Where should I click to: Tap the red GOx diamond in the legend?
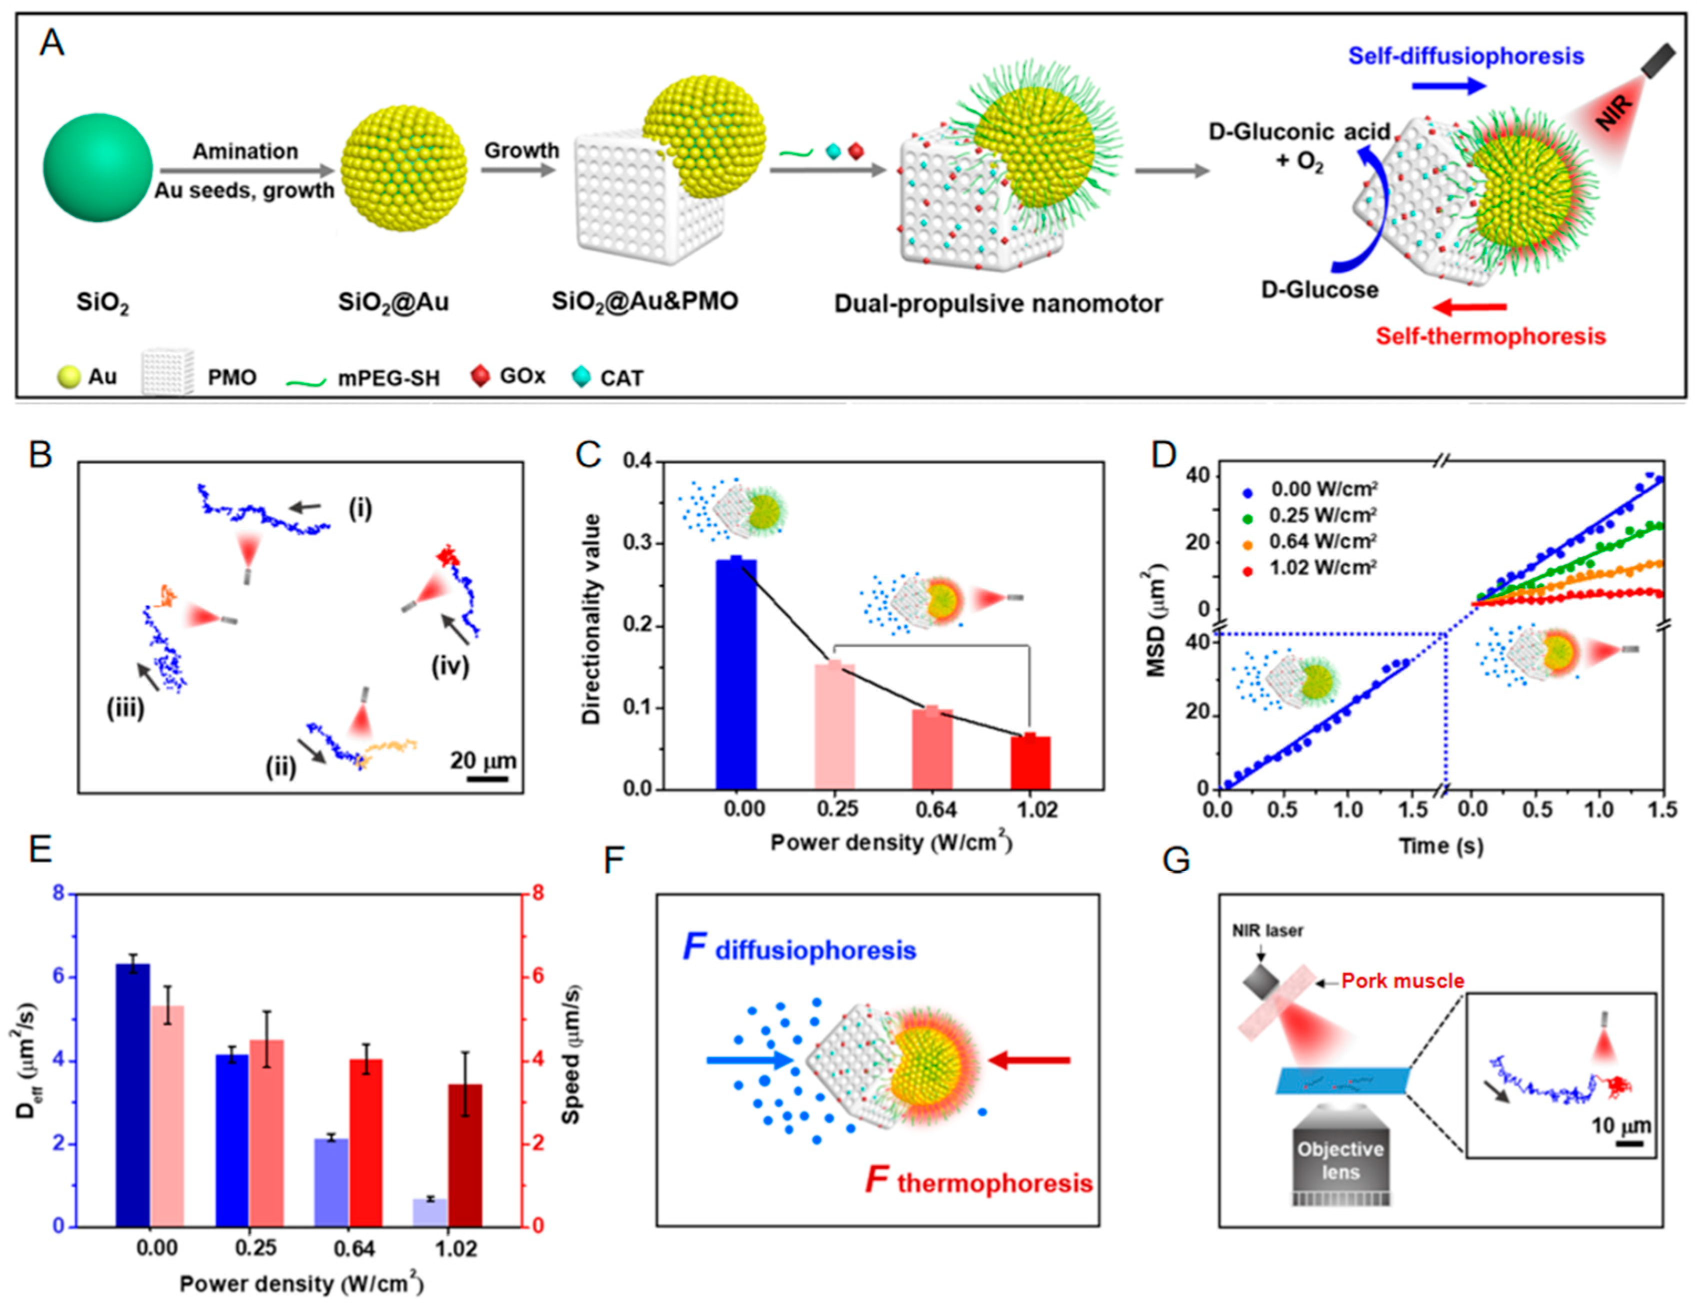click(480, 376)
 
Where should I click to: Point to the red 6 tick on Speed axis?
click(536, 977)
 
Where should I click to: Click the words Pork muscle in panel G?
click(1402, 981)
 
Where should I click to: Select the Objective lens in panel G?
click(1340, 1160)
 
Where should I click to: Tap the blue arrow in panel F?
click(748, 1060)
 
